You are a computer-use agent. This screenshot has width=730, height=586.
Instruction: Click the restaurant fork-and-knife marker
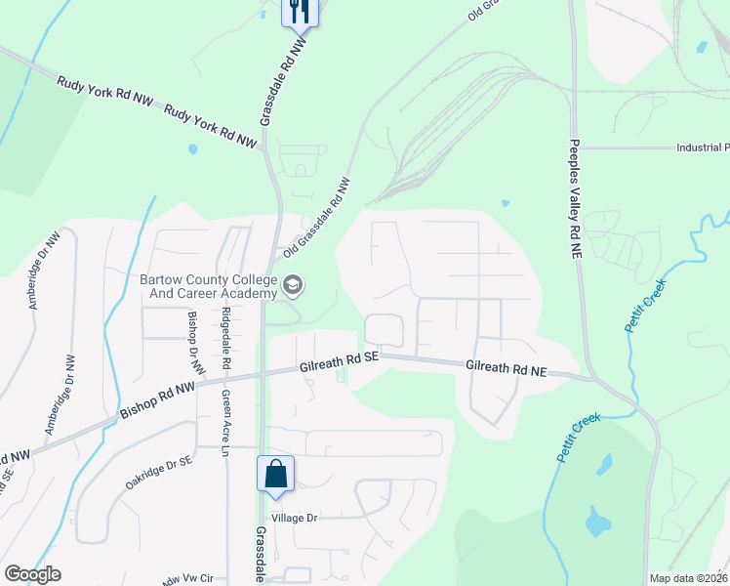300,13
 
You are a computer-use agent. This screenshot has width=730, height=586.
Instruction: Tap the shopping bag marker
276,474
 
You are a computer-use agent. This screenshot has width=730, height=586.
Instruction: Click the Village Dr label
296,518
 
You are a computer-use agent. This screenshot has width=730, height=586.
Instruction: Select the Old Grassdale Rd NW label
316,218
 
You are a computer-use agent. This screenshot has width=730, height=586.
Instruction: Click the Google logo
32,574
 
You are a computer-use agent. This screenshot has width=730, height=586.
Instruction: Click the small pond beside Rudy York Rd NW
192,149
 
